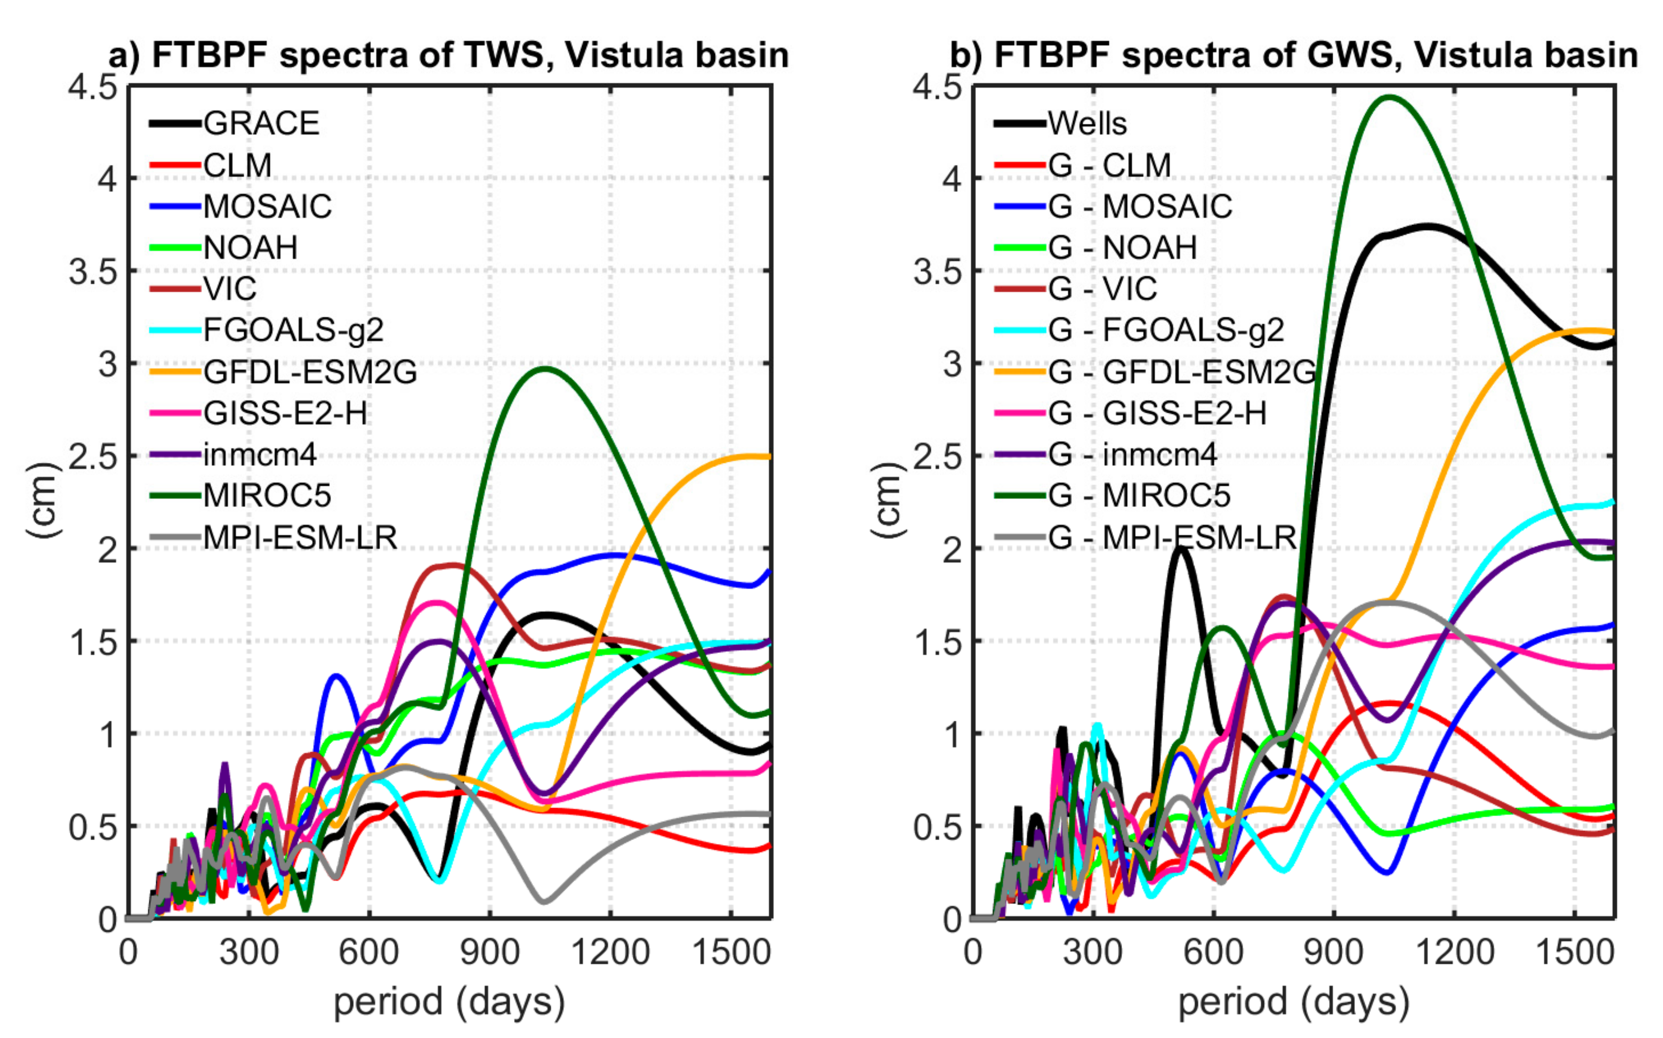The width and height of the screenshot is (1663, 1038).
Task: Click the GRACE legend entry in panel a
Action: tap(261, 123)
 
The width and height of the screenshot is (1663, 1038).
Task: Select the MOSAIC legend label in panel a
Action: tap(267, 206)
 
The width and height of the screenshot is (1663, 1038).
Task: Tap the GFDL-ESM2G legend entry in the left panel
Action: tap(310, 372)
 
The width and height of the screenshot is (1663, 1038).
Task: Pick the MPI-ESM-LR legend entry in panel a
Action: tap(300, 538)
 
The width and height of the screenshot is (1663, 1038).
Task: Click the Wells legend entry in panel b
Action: tap(1087, 123)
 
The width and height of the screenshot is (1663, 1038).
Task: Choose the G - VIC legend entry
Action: tap(1102, 289)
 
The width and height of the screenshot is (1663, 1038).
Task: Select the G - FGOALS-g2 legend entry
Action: tap(1165, 330)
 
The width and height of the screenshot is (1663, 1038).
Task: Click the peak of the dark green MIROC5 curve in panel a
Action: tap(546, 369)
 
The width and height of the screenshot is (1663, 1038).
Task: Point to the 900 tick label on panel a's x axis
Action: tap(489, 953)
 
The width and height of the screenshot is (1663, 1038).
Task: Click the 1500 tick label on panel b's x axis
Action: tap(1574, 953)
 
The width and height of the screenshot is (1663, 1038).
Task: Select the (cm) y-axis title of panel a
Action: tap(43, 501)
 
